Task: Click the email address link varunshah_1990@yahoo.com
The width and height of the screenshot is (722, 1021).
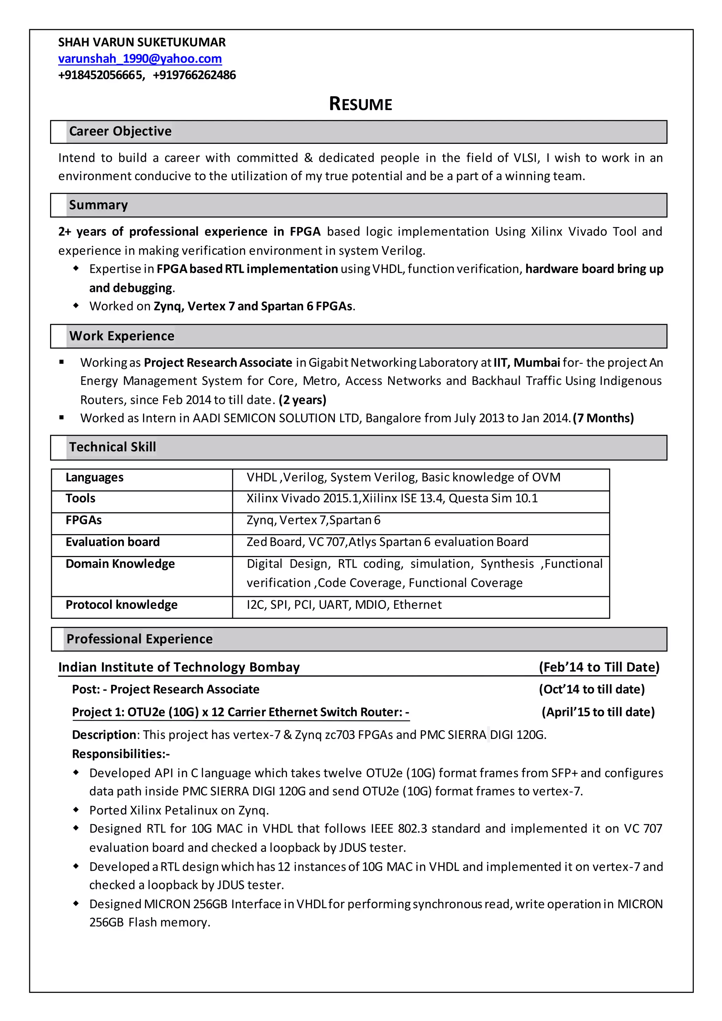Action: pyautogui.click(x=140, y=59)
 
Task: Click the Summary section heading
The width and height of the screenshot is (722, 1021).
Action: pyautogui.click(x=98, y=205)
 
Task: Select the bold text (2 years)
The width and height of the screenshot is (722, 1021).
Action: pyautogui.click(x=302, y=400)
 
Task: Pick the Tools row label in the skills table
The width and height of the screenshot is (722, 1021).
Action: pyautogui.click(x=80, y=499)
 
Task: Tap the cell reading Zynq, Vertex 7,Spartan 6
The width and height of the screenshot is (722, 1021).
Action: pyautogui.click(x=313, y=520)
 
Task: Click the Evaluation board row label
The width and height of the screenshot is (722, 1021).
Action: pyautogui.click(x=112, y=542)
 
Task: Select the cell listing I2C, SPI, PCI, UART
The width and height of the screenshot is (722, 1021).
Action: pyautogui.click(x=344, y=605)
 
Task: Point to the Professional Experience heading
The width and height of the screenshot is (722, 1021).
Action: pyautogui.click(x=139, y=639)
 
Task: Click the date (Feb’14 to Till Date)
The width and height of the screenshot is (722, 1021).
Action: pyautogui.click(x=599, y=667)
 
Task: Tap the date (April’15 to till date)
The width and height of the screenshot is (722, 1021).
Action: pyautogui.click(x=598, y=712)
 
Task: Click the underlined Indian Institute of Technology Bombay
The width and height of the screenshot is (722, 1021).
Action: pyautogui.click(x=179, y=667)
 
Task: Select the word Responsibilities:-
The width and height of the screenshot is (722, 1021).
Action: pyautogui.click(x=121, y=754)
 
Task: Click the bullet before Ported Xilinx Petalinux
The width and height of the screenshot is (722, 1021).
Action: pyautogui.click(x=76, y=810)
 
